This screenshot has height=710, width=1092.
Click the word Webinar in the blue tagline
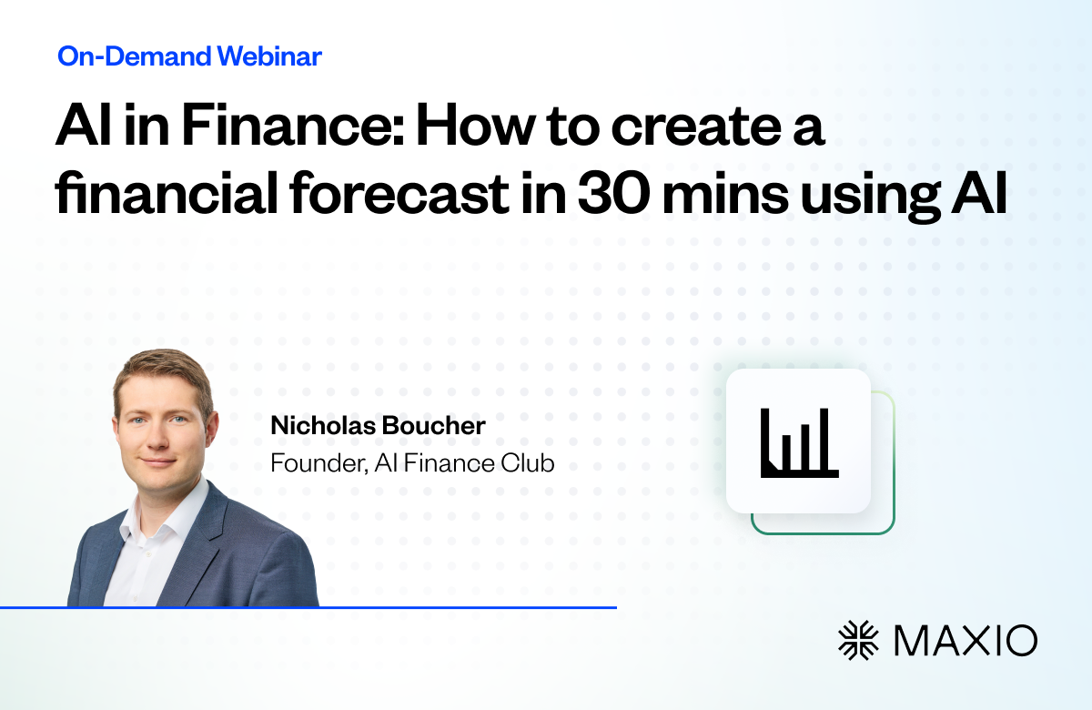tap(269, 56)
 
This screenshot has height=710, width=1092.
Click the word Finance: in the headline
tap(294, 126)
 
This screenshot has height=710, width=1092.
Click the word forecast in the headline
tap(399, 193)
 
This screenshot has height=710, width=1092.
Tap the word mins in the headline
tap(725, 194)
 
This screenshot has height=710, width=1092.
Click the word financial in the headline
tap(167, 193)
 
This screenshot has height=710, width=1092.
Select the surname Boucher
tap(433, 425)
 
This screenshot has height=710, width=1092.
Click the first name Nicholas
tap(323, 425)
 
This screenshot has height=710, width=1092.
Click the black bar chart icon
tap(800, 442)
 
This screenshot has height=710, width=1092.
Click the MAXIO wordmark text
tap(966, 641)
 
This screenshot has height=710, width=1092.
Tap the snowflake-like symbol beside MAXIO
tap(858, 640)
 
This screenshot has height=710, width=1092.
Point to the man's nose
tap(157, 436)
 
